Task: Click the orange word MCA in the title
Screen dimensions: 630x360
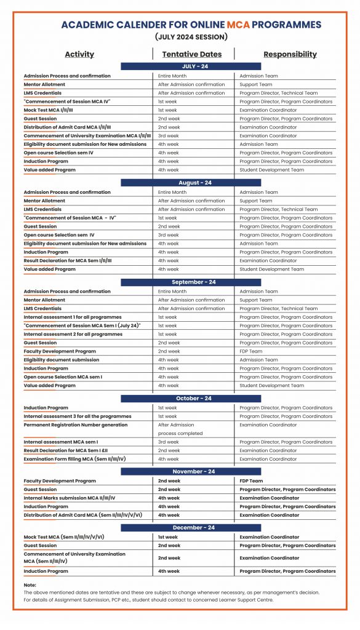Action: click(x=238, y=25)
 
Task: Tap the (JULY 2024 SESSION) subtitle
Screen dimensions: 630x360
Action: click(x=191, y=37)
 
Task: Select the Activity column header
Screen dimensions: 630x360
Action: click(x=79, y=54)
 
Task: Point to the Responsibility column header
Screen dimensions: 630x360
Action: click(x=290, y=54)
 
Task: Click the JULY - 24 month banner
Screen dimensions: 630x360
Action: click(x=191, y=66)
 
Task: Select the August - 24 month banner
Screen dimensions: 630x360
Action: click(x=191, y=183)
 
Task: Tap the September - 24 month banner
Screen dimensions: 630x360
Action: click(x=191, y=282)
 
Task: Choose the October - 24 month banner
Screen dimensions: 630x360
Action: click(x=191, y=398)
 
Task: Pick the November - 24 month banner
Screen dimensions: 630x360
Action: click(x=191, y=471)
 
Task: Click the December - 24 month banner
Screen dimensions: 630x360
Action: click(x=191, y=527)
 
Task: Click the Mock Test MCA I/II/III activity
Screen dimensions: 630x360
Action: click(x=49, y=110)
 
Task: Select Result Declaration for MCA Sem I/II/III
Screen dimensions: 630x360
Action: click(x=68, y=260)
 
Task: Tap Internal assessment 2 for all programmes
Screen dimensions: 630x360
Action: click(x=73, y=334)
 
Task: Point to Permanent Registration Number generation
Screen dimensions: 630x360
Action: click(x=76, y=425)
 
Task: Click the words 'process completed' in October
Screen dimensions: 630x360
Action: click(x=180, y=433)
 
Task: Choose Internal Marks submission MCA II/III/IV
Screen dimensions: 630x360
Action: click(x=70, y=498)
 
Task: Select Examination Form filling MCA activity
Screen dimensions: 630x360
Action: click(x=74, y=459)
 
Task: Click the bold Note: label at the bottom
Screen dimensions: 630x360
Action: click(x=30, y=584)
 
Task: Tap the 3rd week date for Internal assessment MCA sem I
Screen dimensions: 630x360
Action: click(x=169, y=442)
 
